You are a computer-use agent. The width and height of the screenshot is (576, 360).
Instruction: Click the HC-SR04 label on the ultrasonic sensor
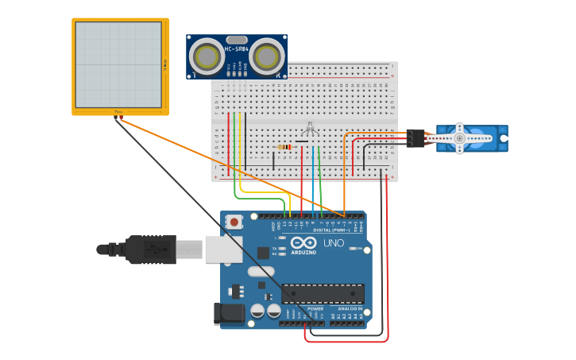pyautogui.click(x=237, y=49)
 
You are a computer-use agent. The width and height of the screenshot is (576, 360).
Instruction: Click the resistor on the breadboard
pyautogui.click(x=284, y=146)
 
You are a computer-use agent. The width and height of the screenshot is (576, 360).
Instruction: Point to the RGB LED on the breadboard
pyautogui.click(x=310, y=129)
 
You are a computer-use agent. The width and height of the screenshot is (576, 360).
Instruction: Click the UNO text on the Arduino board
pyautogui.click(x=334, y=243)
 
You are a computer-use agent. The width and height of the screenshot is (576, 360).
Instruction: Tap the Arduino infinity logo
pyautogui.click(x=303, y=243)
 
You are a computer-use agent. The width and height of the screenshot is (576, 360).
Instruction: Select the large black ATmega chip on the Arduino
pyautogui.click(x=323, y=294)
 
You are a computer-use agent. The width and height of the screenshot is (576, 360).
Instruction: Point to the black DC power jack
pyautogui.click(x=230, y=313)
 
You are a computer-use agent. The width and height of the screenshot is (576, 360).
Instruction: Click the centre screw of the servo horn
pyautogui.click(x=459, y=138)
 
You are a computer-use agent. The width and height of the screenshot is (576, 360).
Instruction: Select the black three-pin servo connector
pyautogui.click(x=416, y=138)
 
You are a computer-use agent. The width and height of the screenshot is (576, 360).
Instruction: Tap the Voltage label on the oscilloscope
pyautogui.click(x=165, y=64)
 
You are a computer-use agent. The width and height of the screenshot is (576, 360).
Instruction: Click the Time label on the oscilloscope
pyautogui.click(x=118, y=112)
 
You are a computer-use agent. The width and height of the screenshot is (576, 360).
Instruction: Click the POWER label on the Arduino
pyautogui.click(x=304, y=308)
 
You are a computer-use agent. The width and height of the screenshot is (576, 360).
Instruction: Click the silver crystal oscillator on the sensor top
pyautogui.click(x=237, y=39)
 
